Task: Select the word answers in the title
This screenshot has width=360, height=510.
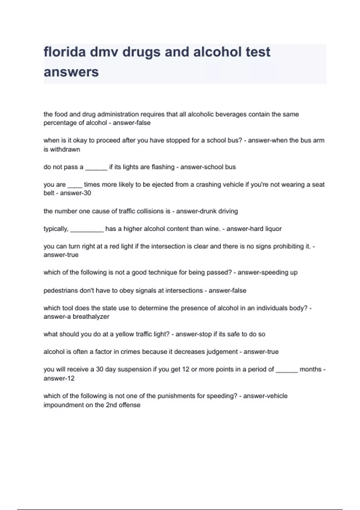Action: pyautogui.click(x=71, y=72)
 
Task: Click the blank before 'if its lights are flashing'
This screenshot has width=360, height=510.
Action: pyautogui.click(x=96, y=167)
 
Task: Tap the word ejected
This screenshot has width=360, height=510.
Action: pyautogui.click(x=162, y=185)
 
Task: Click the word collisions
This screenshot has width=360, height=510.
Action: pyautogui.click(x=151, y=211)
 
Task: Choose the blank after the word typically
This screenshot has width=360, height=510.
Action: pyautogui.click(x=87, y=229)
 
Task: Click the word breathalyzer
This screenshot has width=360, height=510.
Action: pyautogui.click(x=91, y=317)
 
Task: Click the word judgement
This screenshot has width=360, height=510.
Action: pyautogui.click(x=222, y=352)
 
